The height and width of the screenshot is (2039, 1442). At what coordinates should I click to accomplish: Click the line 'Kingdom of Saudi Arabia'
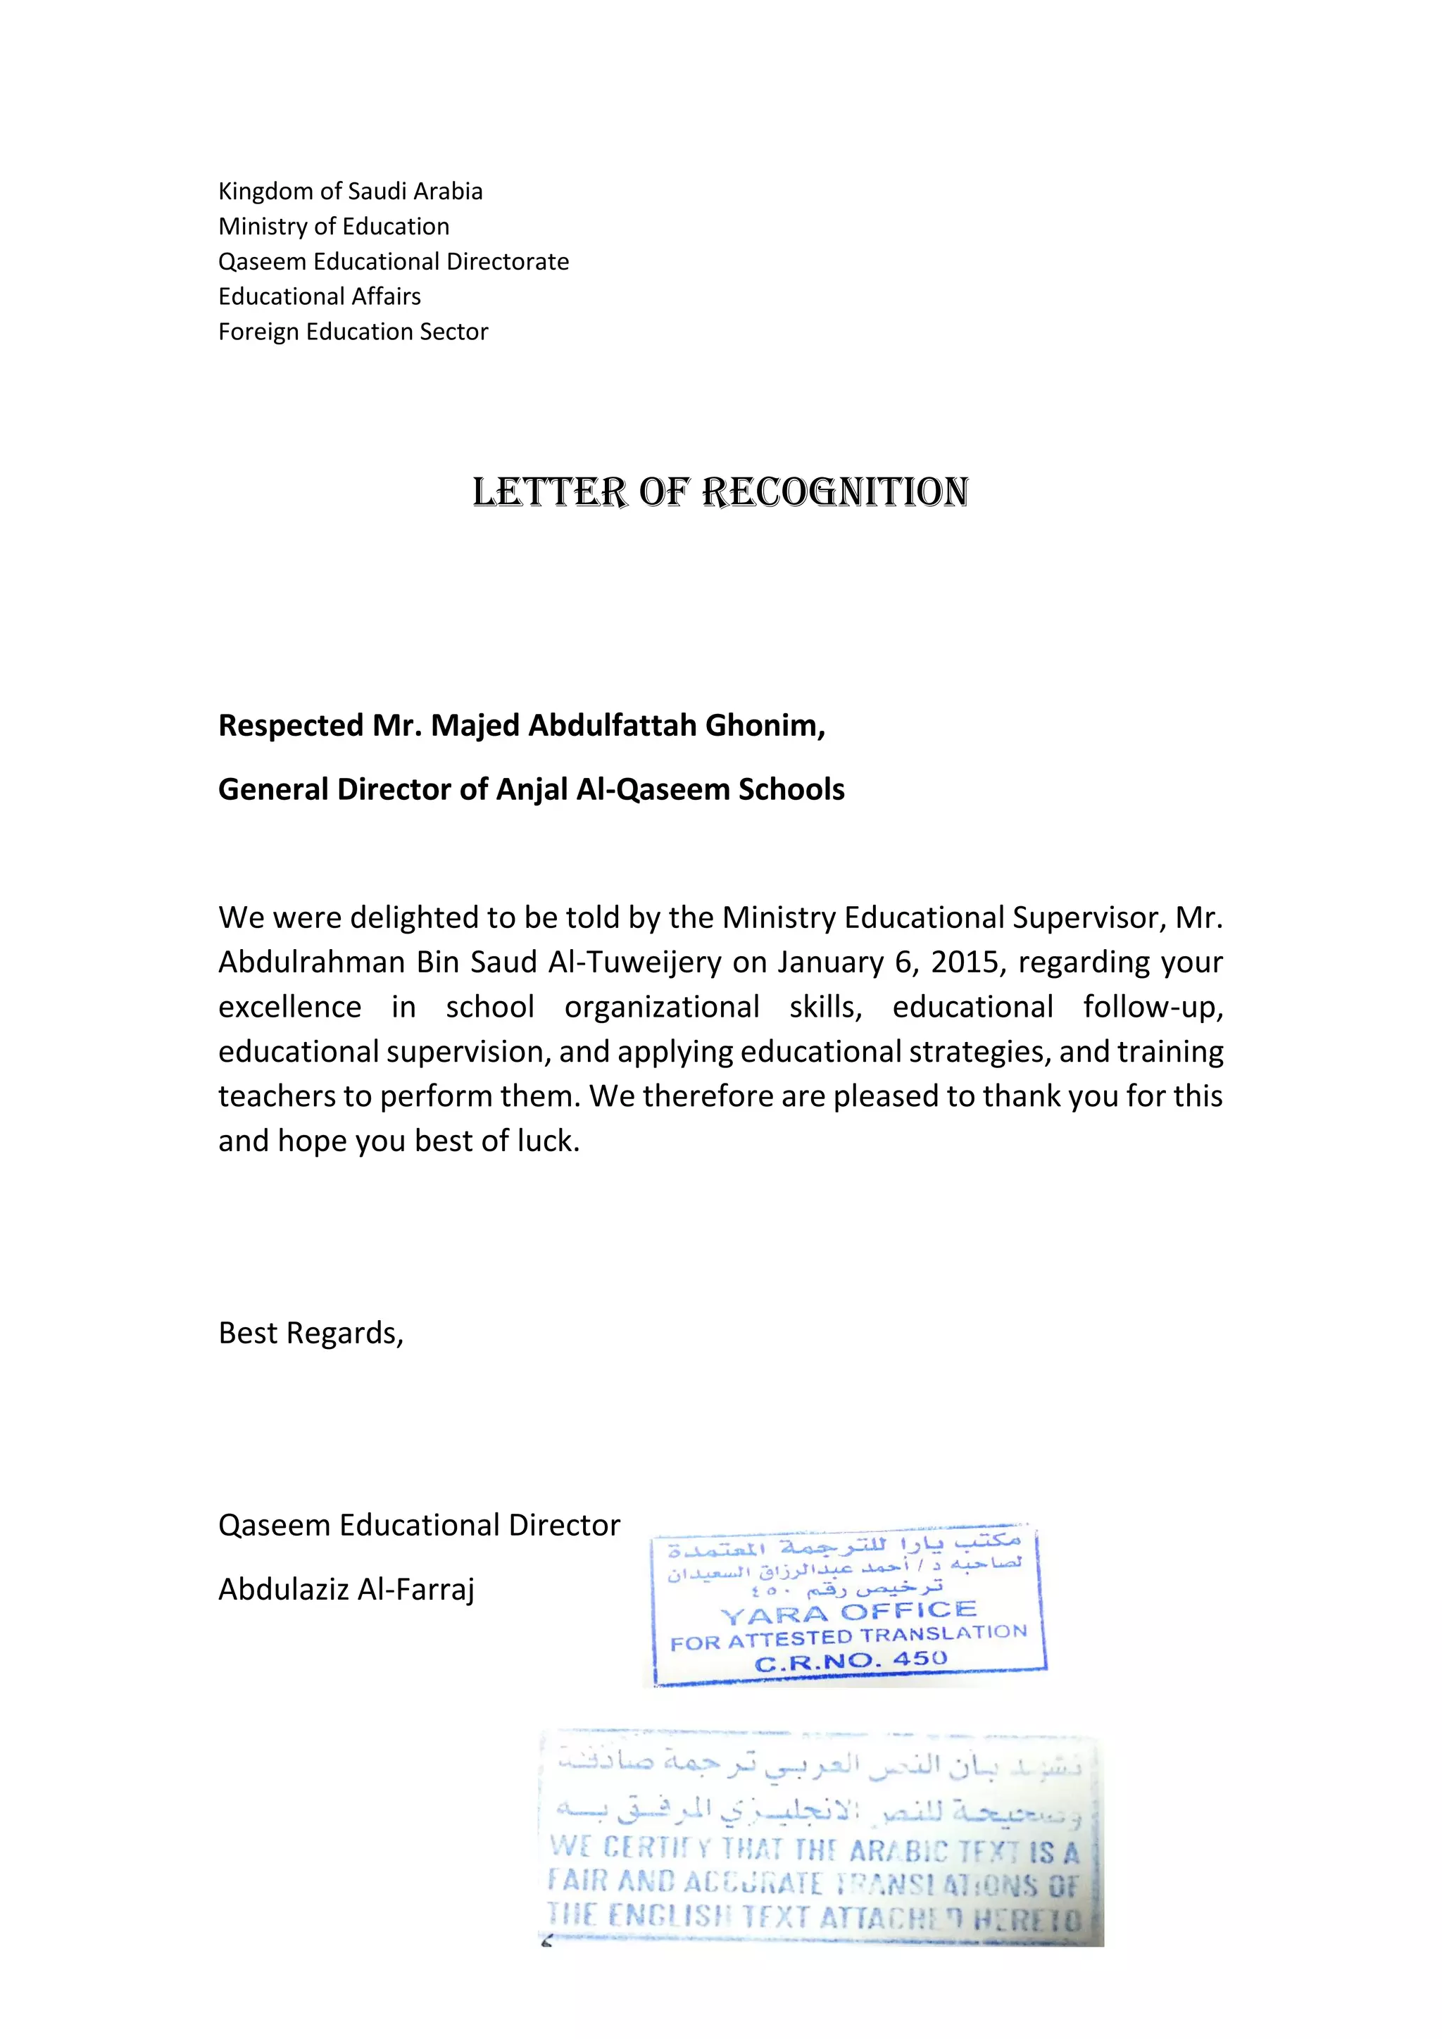pyautogui.click(x=350, y=192)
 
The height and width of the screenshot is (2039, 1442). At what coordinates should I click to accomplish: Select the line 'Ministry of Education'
pyautogui.click(x=334, y=227)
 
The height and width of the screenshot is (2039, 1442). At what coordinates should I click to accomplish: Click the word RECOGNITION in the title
pyautogui.click(x=834, y=492)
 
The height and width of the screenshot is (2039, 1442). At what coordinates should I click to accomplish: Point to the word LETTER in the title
pyautogui.click(x=550, y=492)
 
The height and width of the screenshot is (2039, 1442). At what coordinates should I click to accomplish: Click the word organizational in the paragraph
pyautogui.click(x=662, y=1007)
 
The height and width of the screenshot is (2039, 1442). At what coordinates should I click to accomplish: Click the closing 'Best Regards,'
pyautogui.click(x=311, y=1333)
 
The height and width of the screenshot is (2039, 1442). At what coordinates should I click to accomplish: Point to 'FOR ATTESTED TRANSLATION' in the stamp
pyautogui.click(x=848, y=1637)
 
